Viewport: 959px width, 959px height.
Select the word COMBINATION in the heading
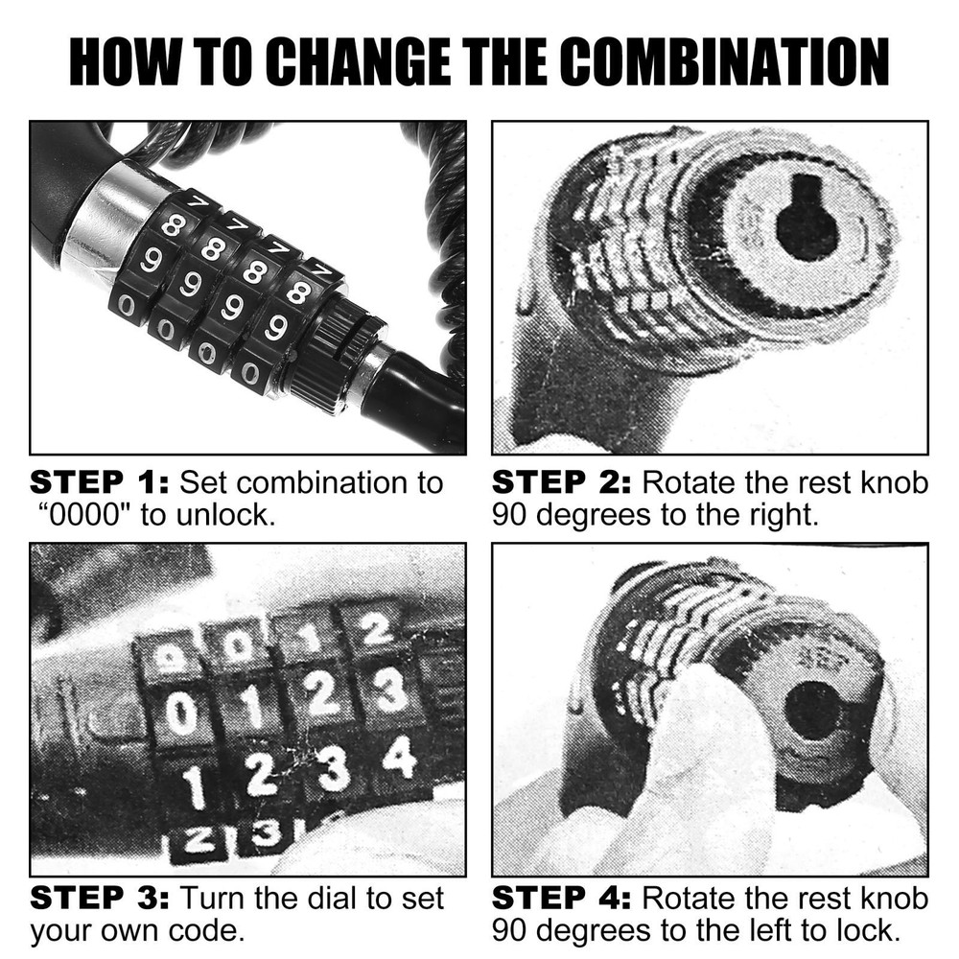click(x=724, y=62)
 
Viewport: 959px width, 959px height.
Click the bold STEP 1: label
click(x=100, y=481)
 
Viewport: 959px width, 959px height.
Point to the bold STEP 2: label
click(x=562, y=481)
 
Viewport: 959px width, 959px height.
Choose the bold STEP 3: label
click(x=100, y=899)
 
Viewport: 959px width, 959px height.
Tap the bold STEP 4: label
click(x=562, y=899)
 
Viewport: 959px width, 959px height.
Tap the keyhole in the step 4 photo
click(x=813, y=711)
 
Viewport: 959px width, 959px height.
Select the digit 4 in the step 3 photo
click(x=399, y=758)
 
